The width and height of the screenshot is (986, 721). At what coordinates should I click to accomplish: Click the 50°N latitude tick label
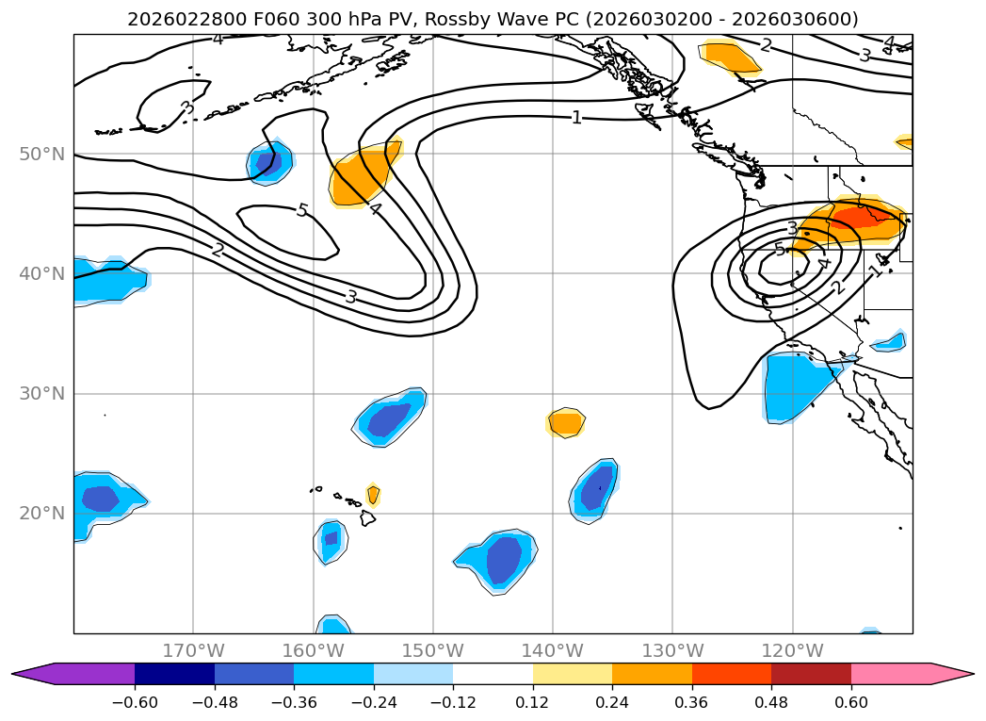[x=41, y=154]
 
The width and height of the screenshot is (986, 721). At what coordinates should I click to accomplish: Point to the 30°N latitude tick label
[x=41, y=394]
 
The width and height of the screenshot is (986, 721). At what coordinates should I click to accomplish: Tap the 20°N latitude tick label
[x=41, y=514]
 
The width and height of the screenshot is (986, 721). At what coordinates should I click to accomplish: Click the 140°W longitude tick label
[x=553, y=650]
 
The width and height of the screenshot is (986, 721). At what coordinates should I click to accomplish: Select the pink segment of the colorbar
[x=899, y=673]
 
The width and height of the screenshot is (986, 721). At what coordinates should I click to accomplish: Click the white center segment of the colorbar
[x=493, y=673]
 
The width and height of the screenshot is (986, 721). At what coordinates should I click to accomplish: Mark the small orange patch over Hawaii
[x=373, y=494]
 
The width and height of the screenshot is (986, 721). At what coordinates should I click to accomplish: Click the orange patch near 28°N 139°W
[x=566, y=423]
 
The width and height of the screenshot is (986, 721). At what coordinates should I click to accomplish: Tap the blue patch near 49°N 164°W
[x=267, y=161]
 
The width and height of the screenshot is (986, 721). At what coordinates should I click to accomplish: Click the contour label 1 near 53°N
[x=576, y=118]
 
